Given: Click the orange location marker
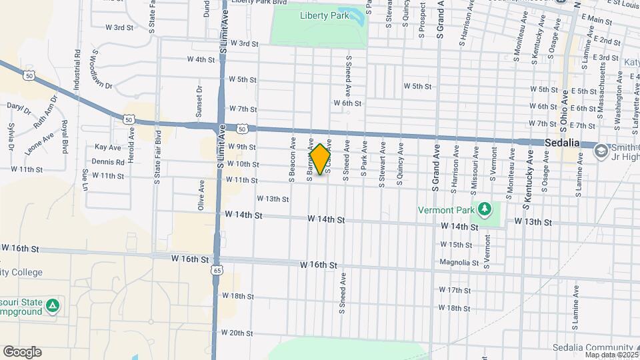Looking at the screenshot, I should pos(320,159).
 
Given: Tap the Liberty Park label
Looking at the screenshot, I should pos(323,15).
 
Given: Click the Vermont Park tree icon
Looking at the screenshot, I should pos(486,209).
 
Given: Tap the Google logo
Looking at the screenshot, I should pos(21,351).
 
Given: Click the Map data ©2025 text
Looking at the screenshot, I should pos(609,355).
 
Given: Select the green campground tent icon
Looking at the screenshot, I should pos(54,306).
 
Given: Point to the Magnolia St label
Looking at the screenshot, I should pos(459,262).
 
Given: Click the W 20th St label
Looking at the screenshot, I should pos(237,333).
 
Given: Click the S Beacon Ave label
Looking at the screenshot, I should pos(292,158).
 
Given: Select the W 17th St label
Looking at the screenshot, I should pos(455,290).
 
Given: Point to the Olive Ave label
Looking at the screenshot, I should pos(201,195).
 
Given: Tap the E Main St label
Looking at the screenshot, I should pos(596,21).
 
